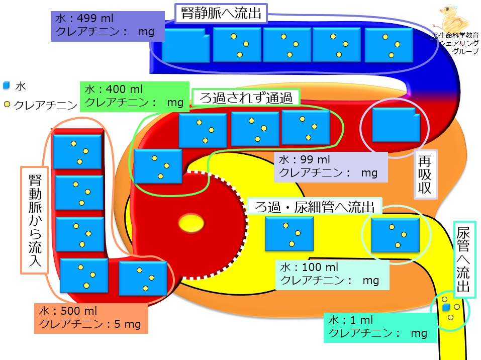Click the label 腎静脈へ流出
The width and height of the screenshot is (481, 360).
tap(221, 13)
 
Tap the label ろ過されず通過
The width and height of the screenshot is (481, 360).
tap(246, 98)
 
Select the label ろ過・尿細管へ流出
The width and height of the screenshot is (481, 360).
tap(315, 207)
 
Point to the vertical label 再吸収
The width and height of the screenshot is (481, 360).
tap(425, 174)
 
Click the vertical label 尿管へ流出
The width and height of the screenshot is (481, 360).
tap(464, 259)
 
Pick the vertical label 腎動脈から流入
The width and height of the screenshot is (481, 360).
tap(35, 220)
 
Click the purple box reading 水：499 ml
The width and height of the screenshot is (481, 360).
tap(108, 26)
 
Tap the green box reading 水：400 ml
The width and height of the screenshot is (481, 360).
tap(135, 97)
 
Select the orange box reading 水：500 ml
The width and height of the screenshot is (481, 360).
tap(91, 318)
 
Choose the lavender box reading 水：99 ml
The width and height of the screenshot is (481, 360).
tap(331, 166)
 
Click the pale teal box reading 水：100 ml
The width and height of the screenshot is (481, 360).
tap(332, 275)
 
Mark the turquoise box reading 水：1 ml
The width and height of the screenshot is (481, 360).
tap(380, 327)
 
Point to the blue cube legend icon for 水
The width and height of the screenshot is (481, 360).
tap(6, 85)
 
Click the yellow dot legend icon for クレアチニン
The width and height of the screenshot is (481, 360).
tap(7, 105)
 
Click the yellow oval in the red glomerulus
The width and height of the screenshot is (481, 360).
tap(191, 223)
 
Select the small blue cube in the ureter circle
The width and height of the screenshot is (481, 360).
tap(446, 307)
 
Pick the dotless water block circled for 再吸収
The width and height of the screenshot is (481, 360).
tap(396, 125)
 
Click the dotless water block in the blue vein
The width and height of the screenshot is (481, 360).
tap(185, 45)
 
